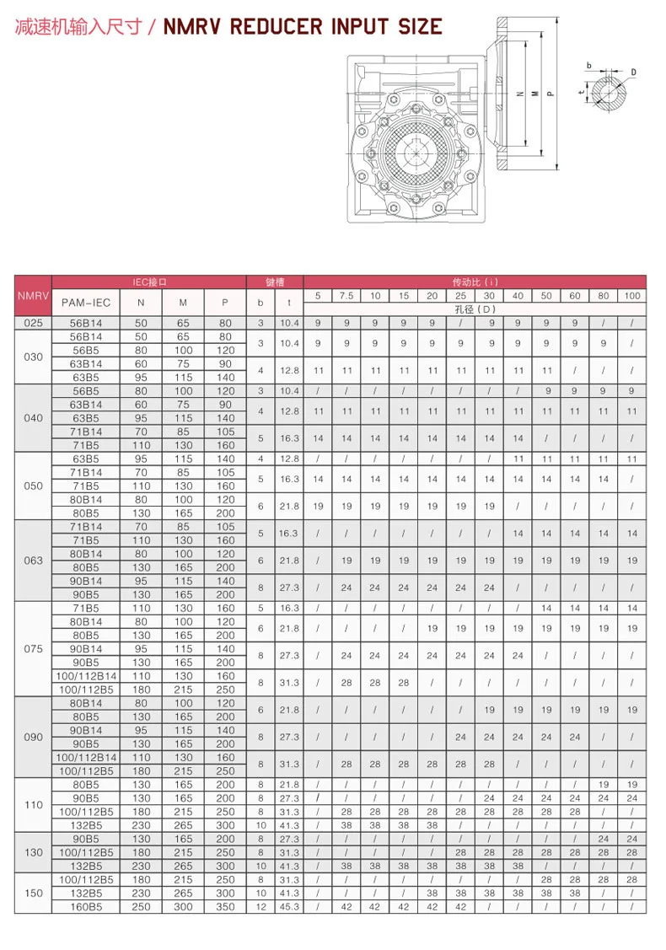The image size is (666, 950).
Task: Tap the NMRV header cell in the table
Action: [33, 295]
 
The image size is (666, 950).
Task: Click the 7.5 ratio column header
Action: [346, 295]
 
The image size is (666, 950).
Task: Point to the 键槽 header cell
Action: [274, 282]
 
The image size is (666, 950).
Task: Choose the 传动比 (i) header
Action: [475, 282]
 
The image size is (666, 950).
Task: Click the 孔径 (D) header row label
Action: [475, 309]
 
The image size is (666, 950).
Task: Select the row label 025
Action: [33, 322]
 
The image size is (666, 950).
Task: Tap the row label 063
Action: [33, 561]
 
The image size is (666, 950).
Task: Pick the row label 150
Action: [33, 893]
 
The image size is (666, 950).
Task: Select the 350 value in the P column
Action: [225, 906]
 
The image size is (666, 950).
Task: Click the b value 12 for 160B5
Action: [260, 906]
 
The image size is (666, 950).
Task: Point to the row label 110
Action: [33, 804]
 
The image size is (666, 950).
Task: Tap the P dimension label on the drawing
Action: [551, 94]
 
